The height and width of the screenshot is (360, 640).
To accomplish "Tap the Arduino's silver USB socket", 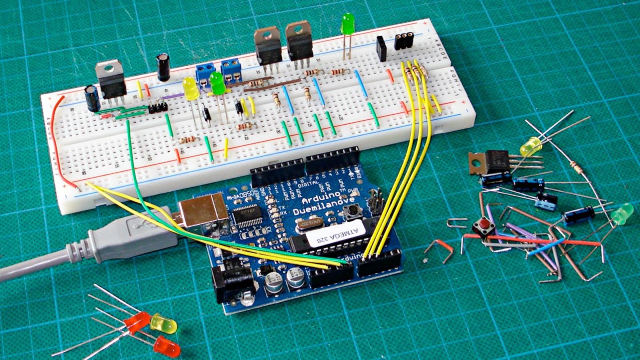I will pyautogui.click(x=204, y=212).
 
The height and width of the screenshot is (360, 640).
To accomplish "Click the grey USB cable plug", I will pyautogui.click(x=132, y=236).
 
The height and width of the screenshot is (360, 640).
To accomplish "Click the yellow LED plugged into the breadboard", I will pyautogui.click(x=191, y=88).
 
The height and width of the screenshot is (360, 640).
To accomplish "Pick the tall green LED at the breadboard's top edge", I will pyautogui.click(x=348, y=24).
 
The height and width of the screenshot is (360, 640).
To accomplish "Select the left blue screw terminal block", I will pyautogui.click(x=204, y=74).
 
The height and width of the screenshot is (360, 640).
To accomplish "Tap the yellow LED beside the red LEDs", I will pyautogui.click(x=164, y=324).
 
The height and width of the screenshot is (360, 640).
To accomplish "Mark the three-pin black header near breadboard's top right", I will pyautogui.click(x=404, y=41).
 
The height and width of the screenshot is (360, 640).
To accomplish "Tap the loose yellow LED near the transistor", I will pyautogui.click(x=530, y=147).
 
